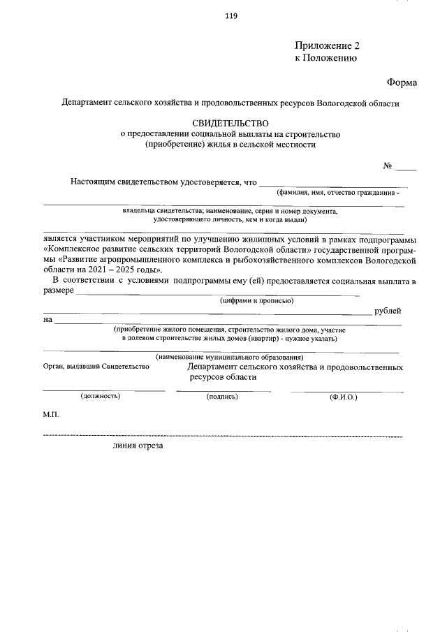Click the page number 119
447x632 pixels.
pos(231,17)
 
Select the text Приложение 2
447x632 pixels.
pos(327,46)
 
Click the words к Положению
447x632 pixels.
pos(325,59)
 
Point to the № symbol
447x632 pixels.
pos(388,166)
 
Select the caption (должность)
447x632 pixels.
pos(101,396)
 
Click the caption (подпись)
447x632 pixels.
pos(223,397)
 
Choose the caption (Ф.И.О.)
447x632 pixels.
pos(343,397)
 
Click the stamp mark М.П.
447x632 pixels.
pos(51,415)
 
